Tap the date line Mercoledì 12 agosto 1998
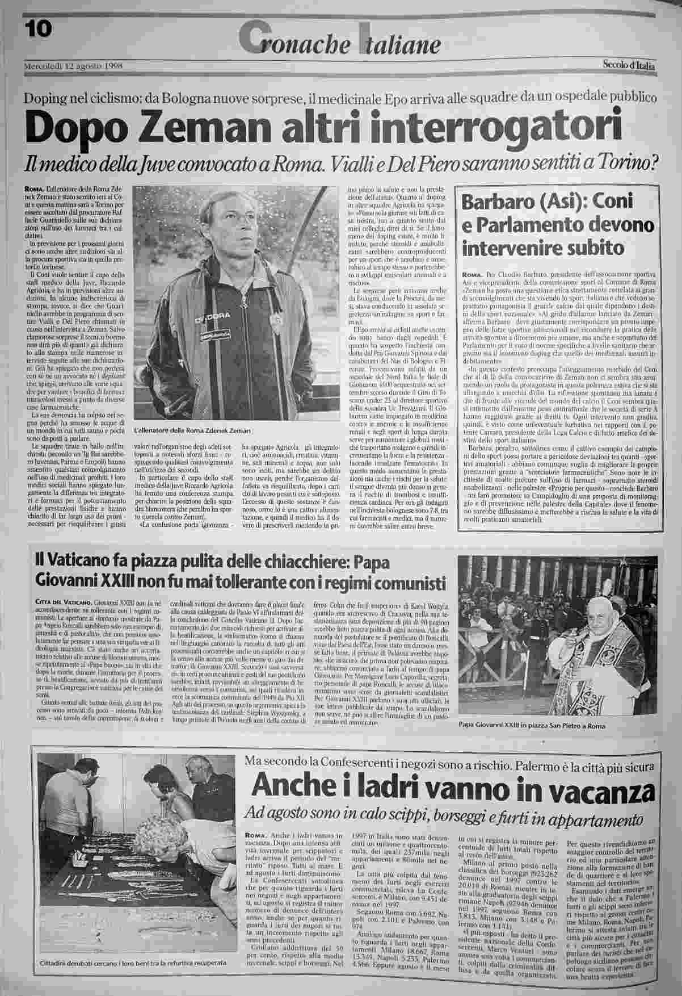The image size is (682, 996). pyautogui.click(x=74, y=65)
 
